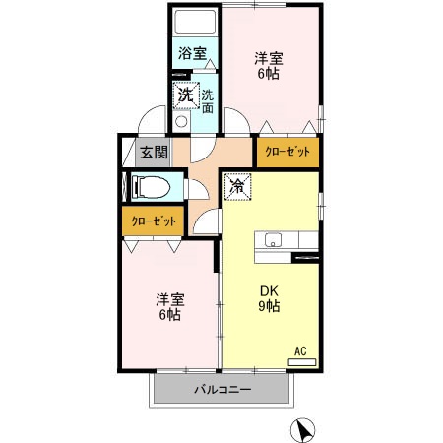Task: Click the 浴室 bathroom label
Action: (192, 54)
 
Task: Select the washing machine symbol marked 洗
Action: (185, 96)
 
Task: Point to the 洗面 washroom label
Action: (208, 100)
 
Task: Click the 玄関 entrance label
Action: (153, 153)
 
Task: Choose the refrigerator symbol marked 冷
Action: (238, 184)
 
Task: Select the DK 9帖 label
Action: (270, 298)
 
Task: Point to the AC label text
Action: (301, 349)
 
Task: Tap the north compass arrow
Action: (306, 429)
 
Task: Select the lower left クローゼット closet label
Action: (155, 221)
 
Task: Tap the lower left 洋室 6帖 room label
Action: (167, 307)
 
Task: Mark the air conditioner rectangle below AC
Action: (301, 361)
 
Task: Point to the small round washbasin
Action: (180, 122)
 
